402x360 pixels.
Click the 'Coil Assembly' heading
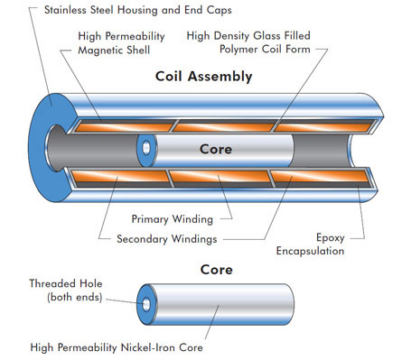203,77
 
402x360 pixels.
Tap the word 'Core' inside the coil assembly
216,149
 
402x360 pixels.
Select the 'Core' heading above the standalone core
217,270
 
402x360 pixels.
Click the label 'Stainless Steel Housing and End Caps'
138,10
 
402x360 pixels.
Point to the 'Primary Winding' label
173,219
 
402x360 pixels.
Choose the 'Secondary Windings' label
167,239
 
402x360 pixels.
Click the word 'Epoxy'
331,238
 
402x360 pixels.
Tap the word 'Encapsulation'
310,251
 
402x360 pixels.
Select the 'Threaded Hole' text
66,283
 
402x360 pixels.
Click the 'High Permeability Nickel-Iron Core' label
117,347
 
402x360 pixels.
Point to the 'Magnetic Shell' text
114,50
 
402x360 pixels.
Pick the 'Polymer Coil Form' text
265,49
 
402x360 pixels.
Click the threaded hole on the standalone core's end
146,304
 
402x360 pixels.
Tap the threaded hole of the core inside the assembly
146,148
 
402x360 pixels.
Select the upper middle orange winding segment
223,127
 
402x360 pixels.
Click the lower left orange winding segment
120,177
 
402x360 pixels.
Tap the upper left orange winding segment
124,127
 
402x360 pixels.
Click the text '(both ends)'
75,297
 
